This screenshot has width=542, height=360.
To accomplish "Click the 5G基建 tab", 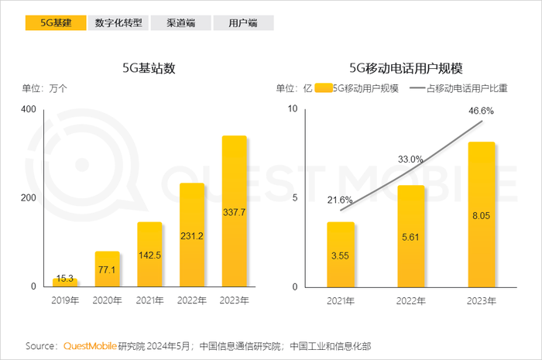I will (x=56, y=23).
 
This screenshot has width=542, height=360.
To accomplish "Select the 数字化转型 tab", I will (x=118, y=23).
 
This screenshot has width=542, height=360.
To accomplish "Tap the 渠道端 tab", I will (x=180, y=23).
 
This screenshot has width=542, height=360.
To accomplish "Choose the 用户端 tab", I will (x=243, y=23).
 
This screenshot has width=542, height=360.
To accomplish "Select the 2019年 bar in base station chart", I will (x=64, y=282).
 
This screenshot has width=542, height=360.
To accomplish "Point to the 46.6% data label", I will (x=482, y=111).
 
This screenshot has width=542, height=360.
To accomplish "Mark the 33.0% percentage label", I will (x=411, y=159).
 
